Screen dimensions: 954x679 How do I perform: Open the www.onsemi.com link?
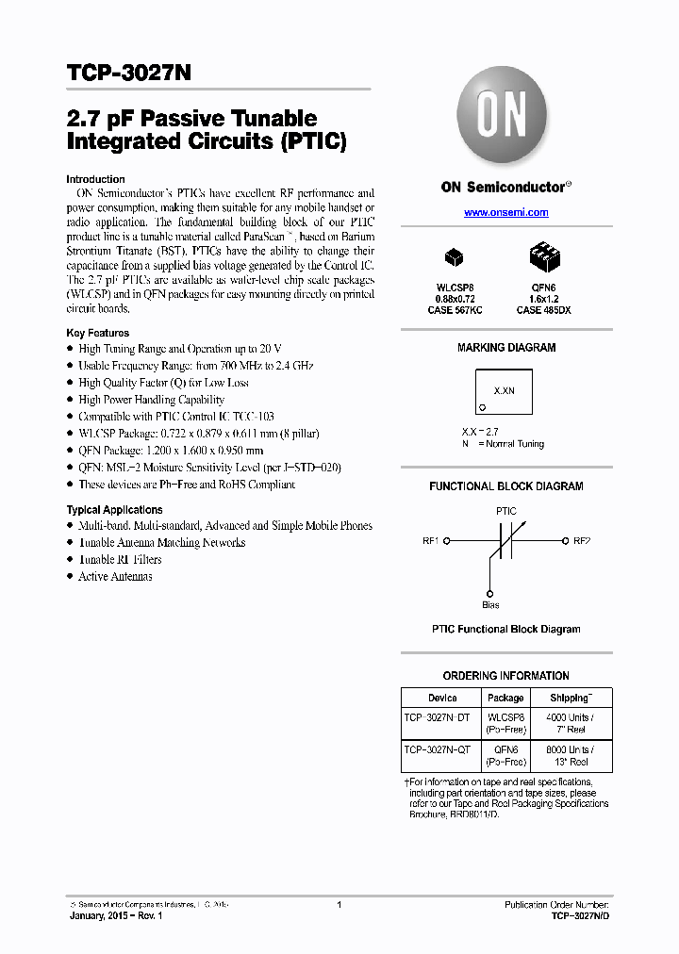pos(505,213)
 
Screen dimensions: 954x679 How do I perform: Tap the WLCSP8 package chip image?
pos(454,256)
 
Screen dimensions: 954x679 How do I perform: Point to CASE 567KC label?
pos(454,309)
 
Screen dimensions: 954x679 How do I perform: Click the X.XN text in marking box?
pos(505,388)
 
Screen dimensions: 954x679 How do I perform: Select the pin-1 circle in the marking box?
pos(482,407)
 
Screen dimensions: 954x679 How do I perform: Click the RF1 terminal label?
pos(431,541)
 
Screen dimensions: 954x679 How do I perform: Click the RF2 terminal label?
pos(582,541)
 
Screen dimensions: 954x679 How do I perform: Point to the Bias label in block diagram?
pos(490,605)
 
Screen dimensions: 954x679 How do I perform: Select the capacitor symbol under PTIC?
pos(506,542)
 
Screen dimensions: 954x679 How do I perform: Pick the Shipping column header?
pos(571,698)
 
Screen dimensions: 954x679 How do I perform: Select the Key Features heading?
pos(97,333)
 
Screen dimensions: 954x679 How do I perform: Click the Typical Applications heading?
pos(114,510)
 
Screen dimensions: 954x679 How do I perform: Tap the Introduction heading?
pos(95,179)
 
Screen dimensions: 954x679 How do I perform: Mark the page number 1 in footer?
pos(339,905)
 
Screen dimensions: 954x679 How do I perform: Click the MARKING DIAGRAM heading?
pos(506,348)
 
